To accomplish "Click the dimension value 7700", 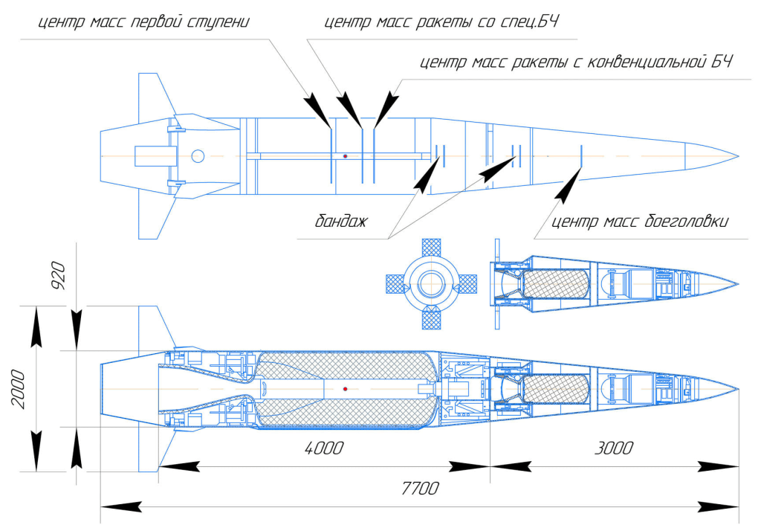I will [x=420, y=489].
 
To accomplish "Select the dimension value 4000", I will [x=325, y=448].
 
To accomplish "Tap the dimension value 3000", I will [x=615, y=448].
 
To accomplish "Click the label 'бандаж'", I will [x=341, y=222].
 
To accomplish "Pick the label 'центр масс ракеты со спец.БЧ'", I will [x=441, y=22].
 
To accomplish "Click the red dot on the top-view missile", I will [x=346, y=156].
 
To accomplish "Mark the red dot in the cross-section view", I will [x=346, y=389].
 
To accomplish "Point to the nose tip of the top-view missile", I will [x=738, y=156].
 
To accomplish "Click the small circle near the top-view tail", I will [x=198, y=156].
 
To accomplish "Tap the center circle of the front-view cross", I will [x=432, y=283].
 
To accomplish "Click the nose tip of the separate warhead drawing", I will [x=738, y=283].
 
